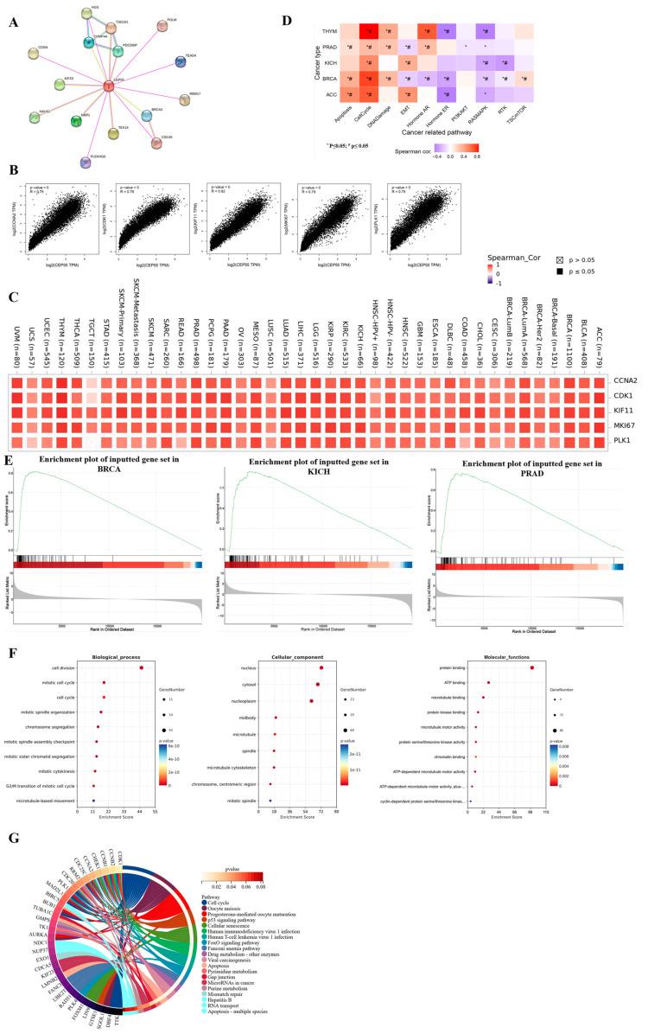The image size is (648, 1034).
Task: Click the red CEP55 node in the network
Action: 108,86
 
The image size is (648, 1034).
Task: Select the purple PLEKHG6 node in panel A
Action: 86,161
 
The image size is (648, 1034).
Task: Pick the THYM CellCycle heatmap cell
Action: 370,33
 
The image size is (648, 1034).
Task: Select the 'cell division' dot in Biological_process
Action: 141,619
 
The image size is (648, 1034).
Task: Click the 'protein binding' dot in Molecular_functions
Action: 532,619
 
